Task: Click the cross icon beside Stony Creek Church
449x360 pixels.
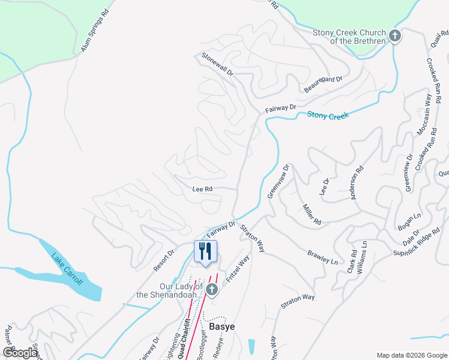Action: pyautogui.click(x=395, y=36)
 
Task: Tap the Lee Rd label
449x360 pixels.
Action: pyautogui.click(x=202, y=188)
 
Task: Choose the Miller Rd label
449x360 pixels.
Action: pyautogui.click(x=312, y=214)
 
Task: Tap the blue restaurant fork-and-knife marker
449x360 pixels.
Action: pyautogui.click(x=205, y=251)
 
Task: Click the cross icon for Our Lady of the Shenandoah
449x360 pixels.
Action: pyautogui.click(x=211, y=290)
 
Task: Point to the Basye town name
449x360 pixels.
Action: pyautogui.click(x=221, y=326)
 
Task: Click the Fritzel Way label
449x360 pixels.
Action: pyautogui.click(x=237, y=270)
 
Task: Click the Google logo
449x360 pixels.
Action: pyautogui.click(x=20, y=353)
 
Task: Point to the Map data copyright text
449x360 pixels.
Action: pyautogui.click(x=411, y=355)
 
